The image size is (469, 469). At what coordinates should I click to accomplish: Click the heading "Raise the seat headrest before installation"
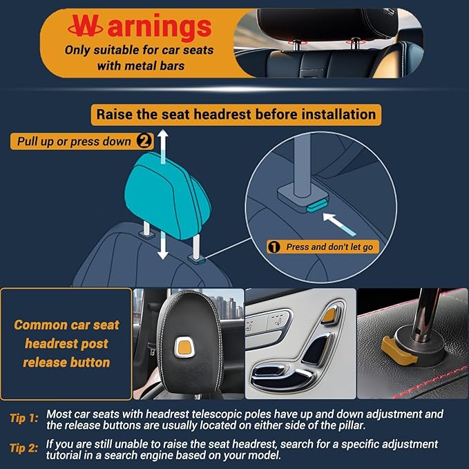tap(236, 114)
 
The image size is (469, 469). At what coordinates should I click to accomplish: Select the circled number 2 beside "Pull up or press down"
tap(144, 141)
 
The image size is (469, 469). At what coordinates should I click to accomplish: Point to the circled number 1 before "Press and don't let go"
tap(274, 247)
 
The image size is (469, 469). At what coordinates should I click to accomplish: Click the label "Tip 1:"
tap(25, 418)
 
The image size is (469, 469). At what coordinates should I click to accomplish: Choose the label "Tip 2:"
tap(25, 448)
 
